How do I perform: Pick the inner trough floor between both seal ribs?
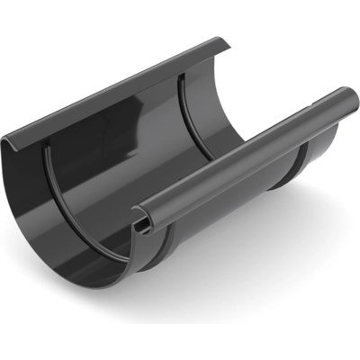pos(135,180)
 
